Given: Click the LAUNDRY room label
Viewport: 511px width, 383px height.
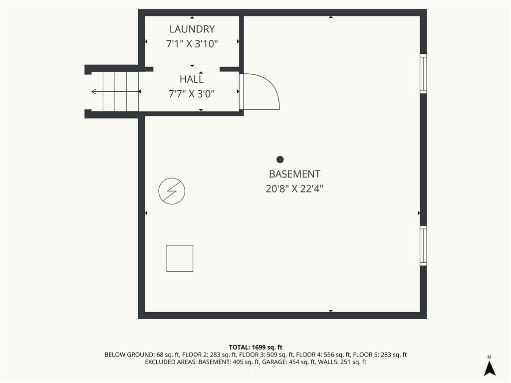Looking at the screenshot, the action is (x=192, y=29).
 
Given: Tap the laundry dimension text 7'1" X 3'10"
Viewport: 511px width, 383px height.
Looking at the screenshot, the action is (x=192, y=44).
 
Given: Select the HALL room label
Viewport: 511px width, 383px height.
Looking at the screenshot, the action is (x=192, y=79).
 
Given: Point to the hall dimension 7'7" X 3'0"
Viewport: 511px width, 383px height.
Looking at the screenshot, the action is (x=192, y=94).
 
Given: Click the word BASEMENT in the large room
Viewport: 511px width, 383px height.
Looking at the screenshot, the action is (x=294, y=174).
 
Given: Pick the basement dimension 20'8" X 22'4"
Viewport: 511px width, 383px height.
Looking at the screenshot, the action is (x=294, y=189).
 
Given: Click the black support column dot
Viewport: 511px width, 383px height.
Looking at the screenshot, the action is (x=280, y=160).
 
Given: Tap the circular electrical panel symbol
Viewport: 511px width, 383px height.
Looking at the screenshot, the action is (x=172, y=191).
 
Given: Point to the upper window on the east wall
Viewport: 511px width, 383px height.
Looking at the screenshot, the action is (x=423, y=74).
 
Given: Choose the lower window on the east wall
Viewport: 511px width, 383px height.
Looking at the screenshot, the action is (x=423, y=245).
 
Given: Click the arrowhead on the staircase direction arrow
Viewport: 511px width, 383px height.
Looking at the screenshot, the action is (x=94, y=92).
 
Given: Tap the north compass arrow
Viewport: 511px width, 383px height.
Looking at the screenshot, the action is (x=490, y=369).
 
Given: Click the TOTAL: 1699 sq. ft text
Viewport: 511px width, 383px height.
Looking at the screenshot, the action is (x=255, y=348).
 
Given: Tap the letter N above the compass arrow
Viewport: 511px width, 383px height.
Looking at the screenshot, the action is (x=489, y=357).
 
